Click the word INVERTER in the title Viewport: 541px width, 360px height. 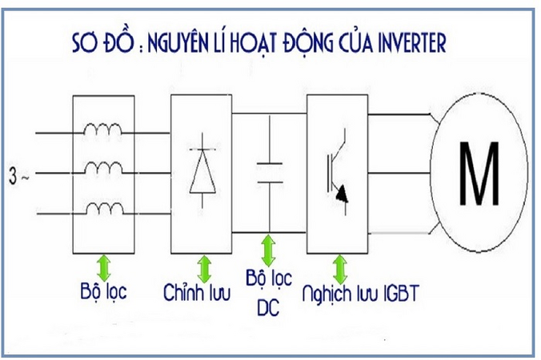408,42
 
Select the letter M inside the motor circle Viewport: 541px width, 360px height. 479,175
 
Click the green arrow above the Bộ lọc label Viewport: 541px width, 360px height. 102,265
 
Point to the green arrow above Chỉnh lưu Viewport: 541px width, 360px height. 204,266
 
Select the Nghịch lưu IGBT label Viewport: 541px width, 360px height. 360,294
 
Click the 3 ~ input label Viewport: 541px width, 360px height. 18,173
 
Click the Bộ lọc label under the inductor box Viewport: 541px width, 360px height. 103,290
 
